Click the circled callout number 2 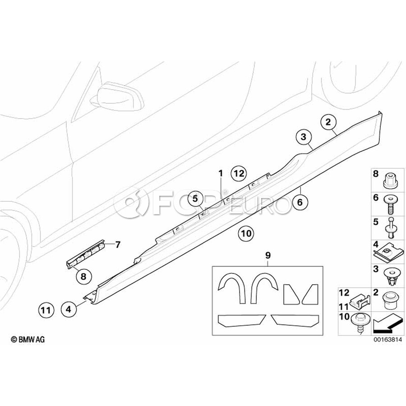(328, 122)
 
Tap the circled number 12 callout (239, 173)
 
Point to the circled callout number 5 (195, 198)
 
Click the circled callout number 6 (300, 202)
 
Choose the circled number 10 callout (246, 234)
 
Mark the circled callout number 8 (83, 277)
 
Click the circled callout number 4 (69, 309)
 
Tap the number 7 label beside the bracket (118, 244)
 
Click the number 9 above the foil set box (268, 256)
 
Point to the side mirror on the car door (117, 97)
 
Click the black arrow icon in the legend (388, 323)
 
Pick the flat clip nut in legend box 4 (388, 253)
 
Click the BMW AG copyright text (28, 339)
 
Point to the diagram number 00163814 (388, 339)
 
